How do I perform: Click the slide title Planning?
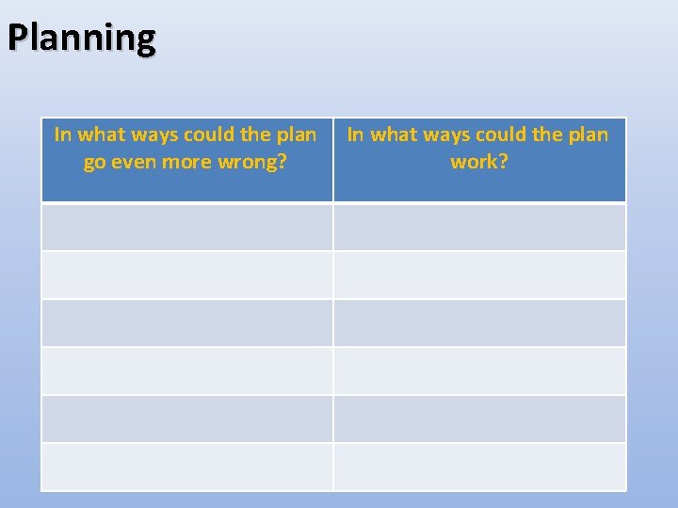[81, 39]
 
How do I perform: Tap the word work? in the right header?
[479, 162]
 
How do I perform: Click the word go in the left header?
[94, 162]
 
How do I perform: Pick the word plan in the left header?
[296, 135]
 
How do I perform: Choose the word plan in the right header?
[589, 135]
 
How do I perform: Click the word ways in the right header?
[448, 135]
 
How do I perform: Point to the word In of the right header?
[356, 135]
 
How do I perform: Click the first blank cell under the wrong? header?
[186, 227]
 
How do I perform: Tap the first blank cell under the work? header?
[479, 227]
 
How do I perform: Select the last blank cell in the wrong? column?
[186, 467]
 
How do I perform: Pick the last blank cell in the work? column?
[479, 467]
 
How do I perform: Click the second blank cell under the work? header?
[479, 275]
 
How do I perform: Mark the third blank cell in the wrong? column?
[186, 323]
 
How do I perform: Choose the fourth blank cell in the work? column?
[479, 371]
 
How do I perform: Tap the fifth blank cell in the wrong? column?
[186, 419]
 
